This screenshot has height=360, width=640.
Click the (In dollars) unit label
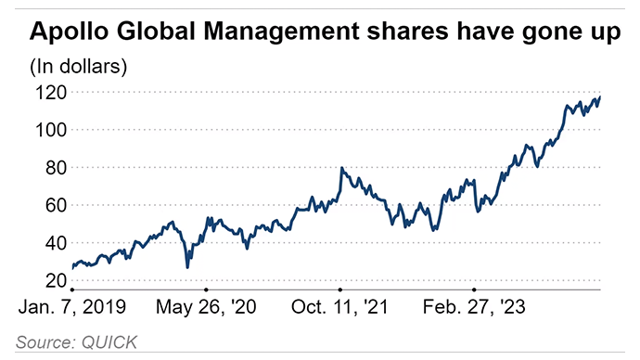(x=78, y=67)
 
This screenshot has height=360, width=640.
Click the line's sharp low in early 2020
(x=187, y=267)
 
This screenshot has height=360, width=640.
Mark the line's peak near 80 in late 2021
(x=342, y=168)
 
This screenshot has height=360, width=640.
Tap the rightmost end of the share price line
(x=601, y=96)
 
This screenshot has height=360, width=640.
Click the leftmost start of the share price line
(x=71, y=267)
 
